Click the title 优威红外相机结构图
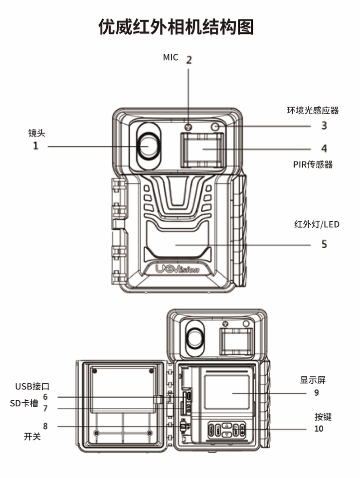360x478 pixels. (x=177, y=26)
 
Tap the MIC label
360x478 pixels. (x=170, y=57)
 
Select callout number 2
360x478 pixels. (x=189, y=60)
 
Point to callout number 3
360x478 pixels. (x=324, y=126)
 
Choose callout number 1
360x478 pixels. (x=35, y=147)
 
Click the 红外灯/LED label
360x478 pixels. (x=317, y=224)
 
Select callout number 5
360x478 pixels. (x=324, y=245)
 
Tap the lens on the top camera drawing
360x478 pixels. (x=148, y=146)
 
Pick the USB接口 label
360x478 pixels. (x=32, y=386)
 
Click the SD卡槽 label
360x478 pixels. (x=24, y=403)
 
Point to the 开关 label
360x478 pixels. (x=32, y=437)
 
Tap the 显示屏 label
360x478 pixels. (x=313, y=380)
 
